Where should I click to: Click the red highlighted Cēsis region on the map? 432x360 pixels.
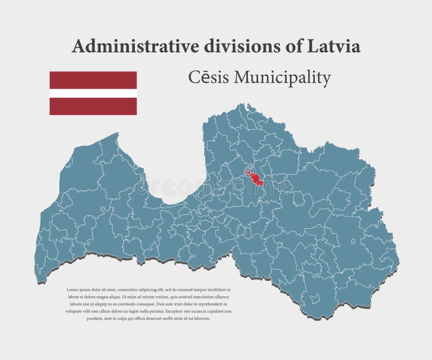pyautogui.click(x=254, y=179)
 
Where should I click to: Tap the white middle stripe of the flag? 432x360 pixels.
pyautogui.click(x=93, y=93)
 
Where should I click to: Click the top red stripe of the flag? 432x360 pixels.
pyautogui.click(x=93, y=80)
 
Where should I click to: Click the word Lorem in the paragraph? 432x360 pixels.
pyautogui.click(x=72, y=290)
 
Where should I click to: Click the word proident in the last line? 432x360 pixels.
pyautogui.click(x=75, y=318)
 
